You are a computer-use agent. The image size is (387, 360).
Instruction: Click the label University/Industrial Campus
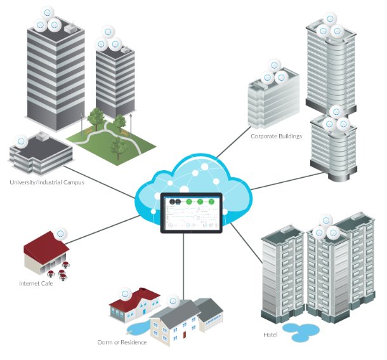pyautogui.click(x=47, y=182)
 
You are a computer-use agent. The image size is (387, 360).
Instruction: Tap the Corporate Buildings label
pyautogui.click(x=276, y=136)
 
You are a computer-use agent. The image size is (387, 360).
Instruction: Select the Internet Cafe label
pyautogui.click(x=36, y=283)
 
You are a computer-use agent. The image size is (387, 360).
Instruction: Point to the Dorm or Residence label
pyautogui.click(x=122, y=342)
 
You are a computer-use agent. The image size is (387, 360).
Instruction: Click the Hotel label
pyautogui.click(x=270, y=335)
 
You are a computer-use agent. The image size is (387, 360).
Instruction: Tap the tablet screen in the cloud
pyautogui.click(x=192, y=213)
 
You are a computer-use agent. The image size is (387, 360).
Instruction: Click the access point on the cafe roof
pyautogui.click(x=60, y=234)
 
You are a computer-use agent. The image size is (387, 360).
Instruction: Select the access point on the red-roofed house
pyautogui.click(x=125, y=294)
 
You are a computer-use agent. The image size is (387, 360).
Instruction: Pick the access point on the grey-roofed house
pyautogui.click(x=173, y=301)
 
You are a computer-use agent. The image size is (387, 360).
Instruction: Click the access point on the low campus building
pyautogui.click(x=21, y=142)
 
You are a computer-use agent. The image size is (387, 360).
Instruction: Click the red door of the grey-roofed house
pyautogui.click(x=185, y=335)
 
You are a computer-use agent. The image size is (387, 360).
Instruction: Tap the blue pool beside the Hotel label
pyautogui.click(x=301, y=331)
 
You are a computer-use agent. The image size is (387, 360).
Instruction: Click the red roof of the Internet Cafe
pyautogui.click(x=46, y=246)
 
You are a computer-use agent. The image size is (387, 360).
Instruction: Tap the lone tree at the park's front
pyautogui.click(x=118, y=148)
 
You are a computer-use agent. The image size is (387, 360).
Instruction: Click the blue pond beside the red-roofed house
pyautogui.click(x=138, y=328)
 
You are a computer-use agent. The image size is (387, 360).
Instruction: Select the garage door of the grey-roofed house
pyautogui.click(x=213, y=324)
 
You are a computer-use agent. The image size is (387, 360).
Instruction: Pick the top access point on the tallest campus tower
pyautogui.click(x=48, y=13)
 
